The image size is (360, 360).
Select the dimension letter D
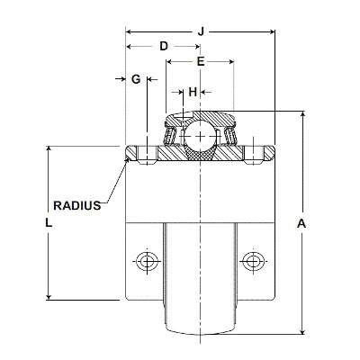pos(163,46)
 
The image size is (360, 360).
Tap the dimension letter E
pos(200,61)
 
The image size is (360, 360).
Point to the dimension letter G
pos(136,79)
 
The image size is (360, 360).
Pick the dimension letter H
pos(192,92)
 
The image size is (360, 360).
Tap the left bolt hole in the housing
pos(144,261)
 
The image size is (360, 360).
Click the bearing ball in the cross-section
pos(199,137)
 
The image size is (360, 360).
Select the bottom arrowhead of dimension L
pos(48,298)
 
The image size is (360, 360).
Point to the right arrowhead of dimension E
pos(231,61)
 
